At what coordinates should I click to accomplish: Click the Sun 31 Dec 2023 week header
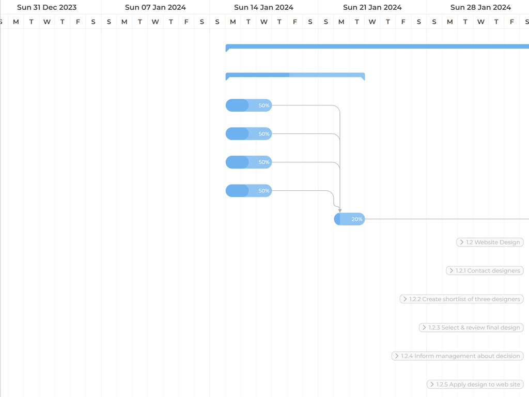point(46,7)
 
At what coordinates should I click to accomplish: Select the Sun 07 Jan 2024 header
point(155,7)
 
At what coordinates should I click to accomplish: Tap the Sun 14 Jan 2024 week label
point(263,7)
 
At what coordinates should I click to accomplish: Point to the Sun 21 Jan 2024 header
point(372,7)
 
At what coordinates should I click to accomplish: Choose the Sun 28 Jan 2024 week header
point(480,7)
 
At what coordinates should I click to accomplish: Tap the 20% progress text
point(357,219)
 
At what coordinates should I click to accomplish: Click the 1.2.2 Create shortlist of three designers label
point(464,299)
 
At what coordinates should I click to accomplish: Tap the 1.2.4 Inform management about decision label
point(461,356)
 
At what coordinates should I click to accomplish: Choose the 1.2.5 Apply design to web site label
point(478,385)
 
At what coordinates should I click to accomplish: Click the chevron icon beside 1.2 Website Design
point(461,242)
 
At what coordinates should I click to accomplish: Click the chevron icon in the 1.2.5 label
point(431,385)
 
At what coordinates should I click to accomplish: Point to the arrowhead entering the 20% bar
point(340,210)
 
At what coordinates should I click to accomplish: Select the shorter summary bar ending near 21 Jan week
point(295,75)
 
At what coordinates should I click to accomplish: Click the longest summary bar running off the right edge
point(377,47)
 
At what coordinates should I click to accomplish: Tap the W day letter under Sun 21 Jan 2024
point(372,22)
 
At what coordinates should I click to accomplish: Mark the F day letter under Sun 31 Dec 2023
point(78,22)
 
